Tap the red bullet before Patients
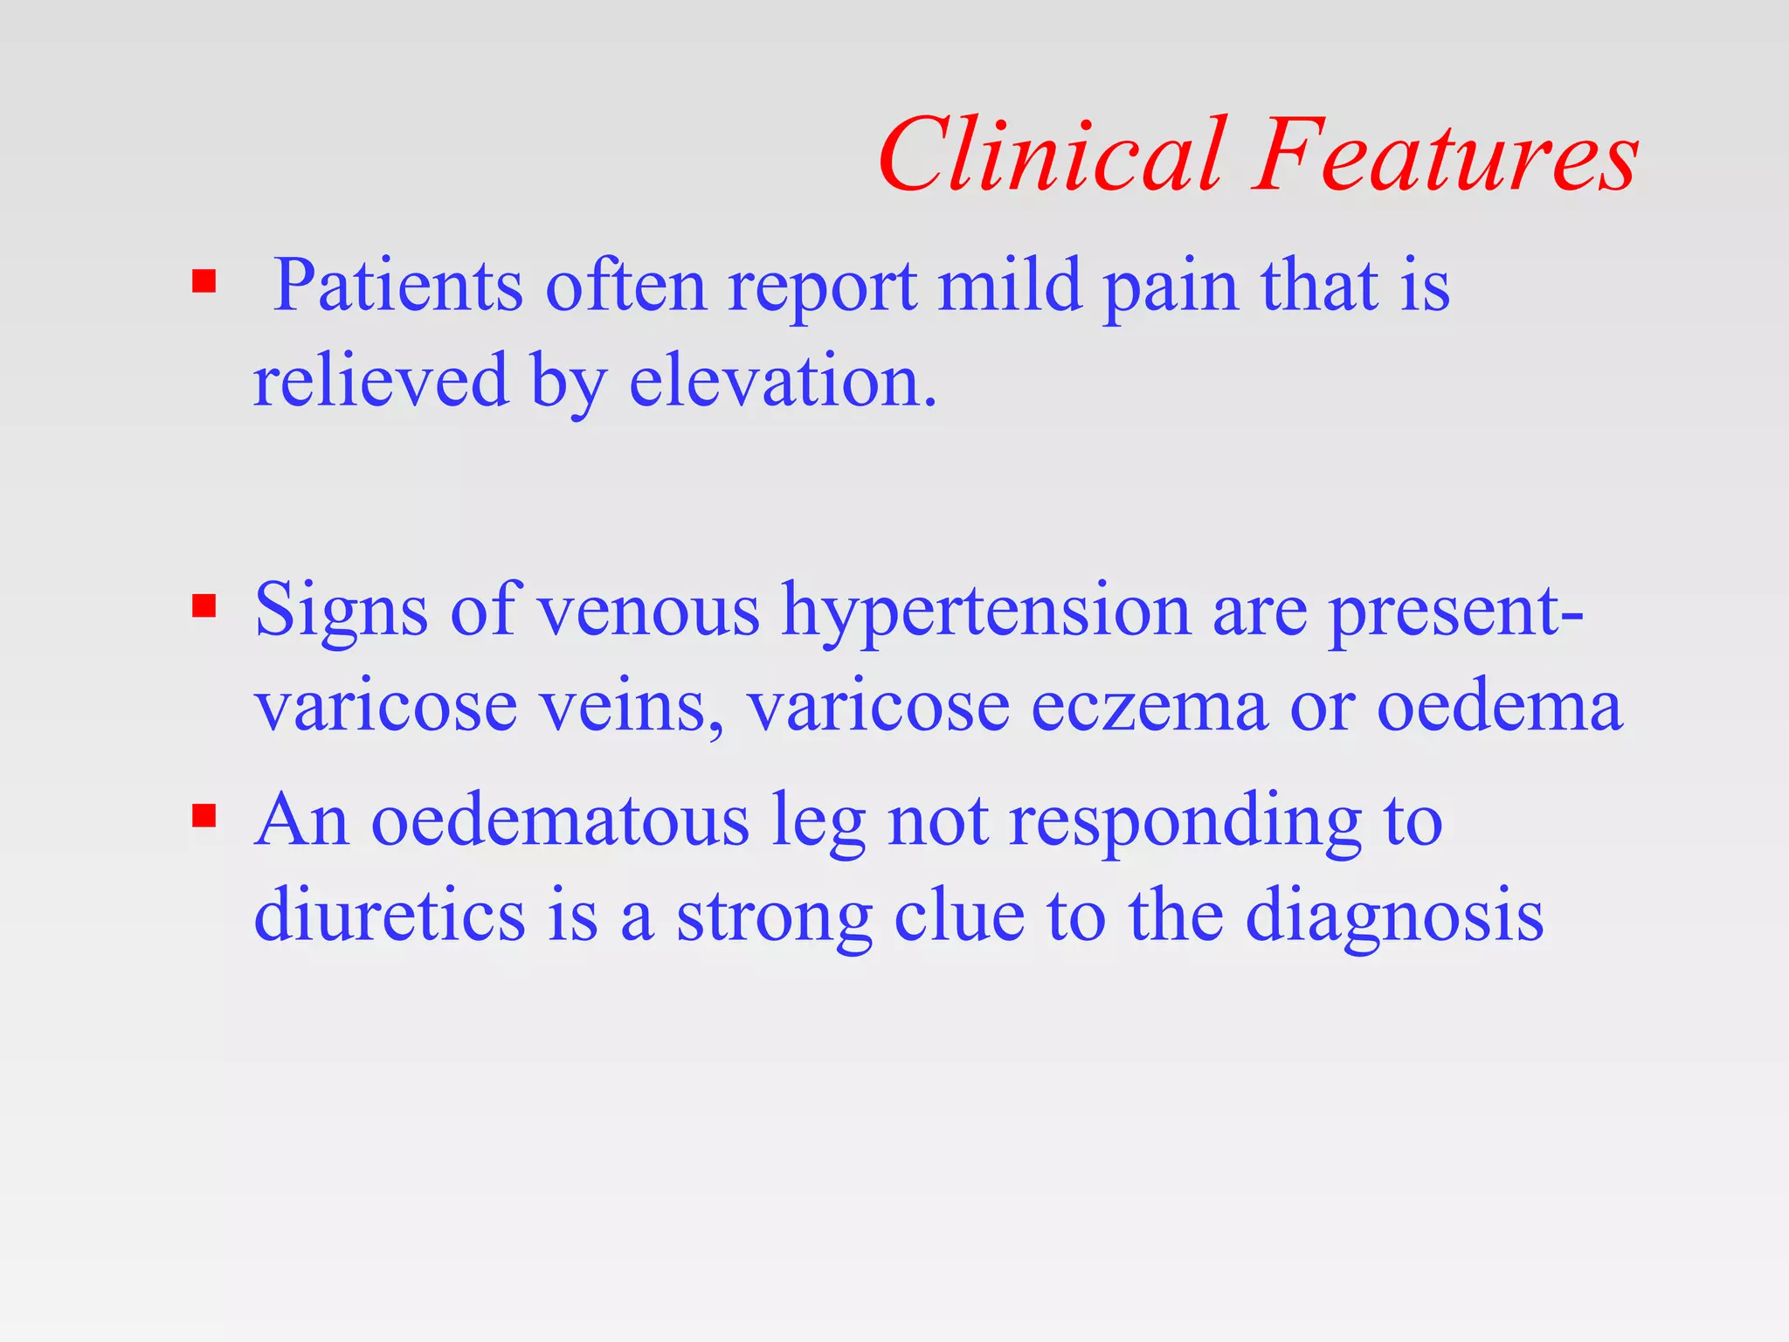204,281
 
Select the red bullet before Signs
204,605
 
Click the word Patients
398,287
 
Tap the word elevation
783,381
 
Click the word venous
648,612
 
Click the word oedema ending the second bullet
1499,706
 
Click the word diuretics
390,916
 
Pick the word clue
959,916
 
